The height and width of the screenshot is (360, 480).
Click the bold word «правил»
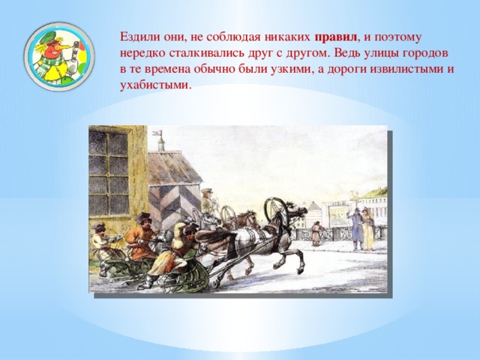pyautogui.click(x=336, y=37)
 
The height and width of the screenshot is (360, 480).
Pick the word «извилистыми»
pyautogui.click(x=406, y=69)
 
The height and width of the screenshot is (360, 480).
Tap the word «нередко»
pyautogui.click(x=142, y=53)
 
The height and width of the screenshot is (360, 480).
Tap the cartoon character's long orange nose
pyautogui.click(x=62, y=48)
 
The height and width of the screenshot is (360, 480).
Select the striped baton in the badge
pyautogui.click(x=73, y=58)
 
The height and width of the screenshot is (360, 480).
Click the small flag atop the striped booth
pyautogui.click(x=157, y=133)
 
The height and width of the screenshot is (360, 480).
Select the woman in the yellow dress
pyautogui.click(x=368, y=229)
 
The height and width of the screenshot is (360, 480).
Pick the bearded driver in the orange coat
pyautogui.click(x=141, y=236)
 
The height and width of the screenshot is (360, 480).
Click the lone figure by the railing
pyautogui.click(x=316, y=233)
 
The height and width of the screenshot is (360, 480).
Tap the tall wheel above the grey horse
pyautogui.click(x=276, y=211)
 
